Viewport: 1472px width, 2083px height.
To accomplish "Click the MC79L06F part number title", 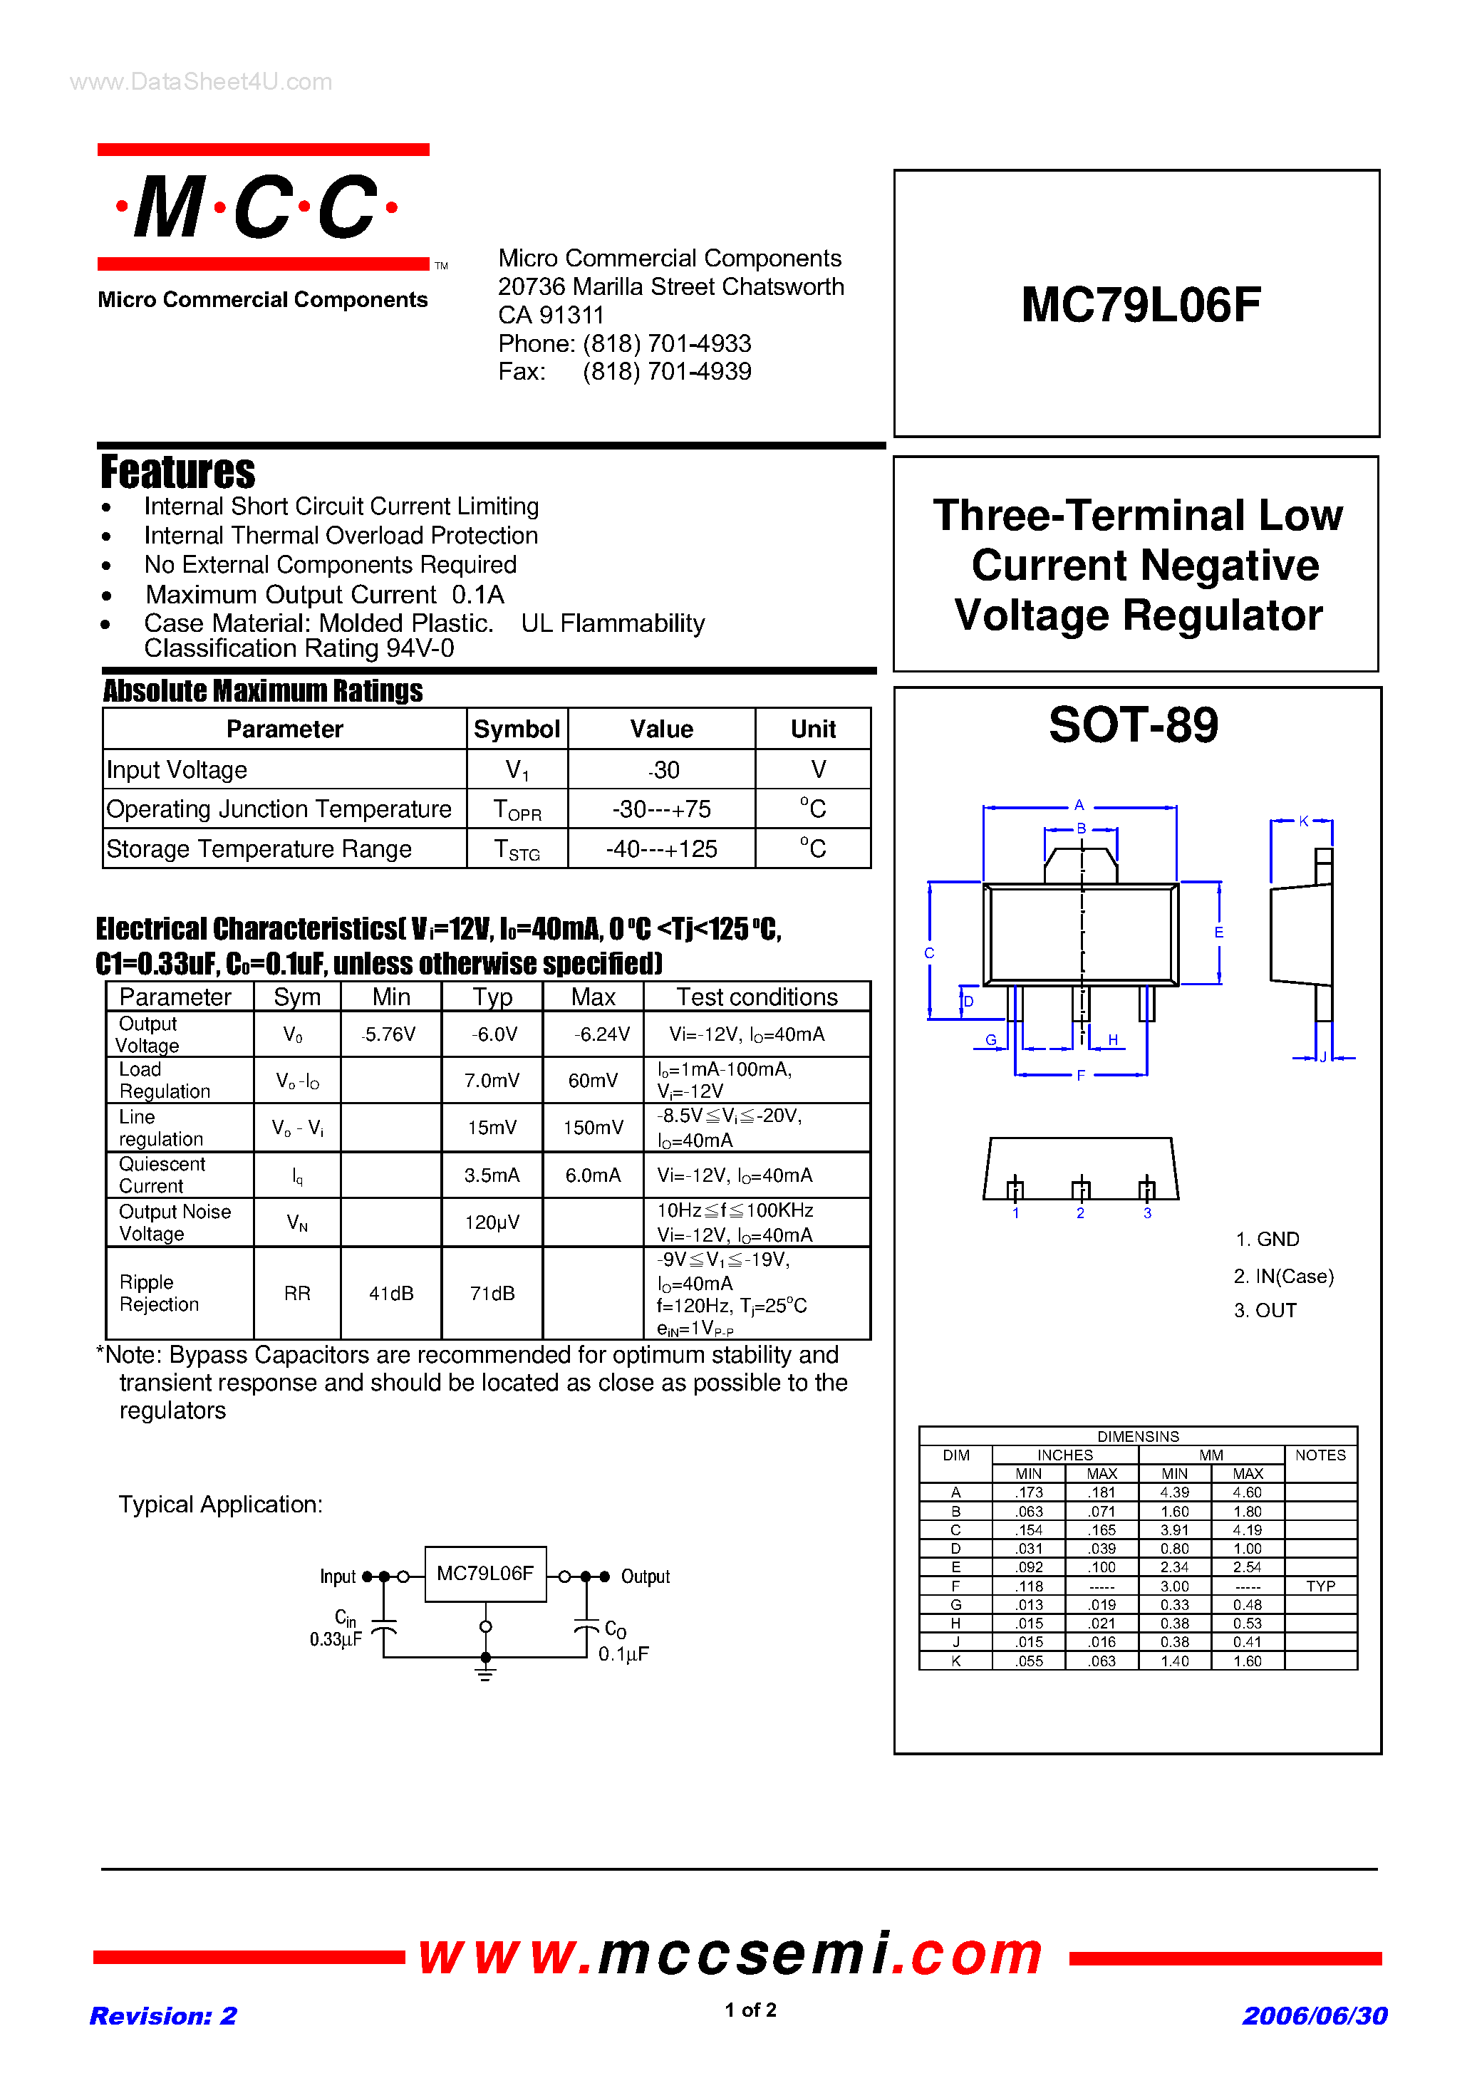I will pos(1140,305).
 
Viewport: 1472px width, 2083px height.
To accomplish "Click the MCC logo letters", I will pos(256,208).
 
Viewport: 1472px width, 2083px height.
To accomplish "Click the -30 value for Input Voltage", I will pos(663,770).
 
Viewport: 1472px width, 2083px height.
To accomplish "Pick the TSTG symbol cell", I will pos(517,849).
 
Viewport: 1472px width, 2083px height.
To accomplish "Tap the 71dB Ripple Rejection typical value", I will pos(492,1293).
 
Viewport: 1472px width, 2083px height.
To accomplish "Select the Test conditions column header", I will pos(756,997).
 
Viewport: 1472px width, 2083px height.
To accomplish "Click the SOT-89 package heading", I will pos(1133,725).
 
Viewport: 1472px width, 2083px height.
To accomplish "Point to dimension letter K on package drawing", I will pos(1303,821).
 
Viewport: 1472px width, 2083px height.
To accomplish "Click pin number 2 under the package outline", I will pos(1080,1214).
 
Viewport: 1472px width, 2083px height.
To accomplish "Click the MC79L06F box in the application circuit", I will pos(484,1574).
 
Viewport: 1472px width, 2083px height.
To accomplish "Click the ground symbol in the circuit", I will pos(485,1669).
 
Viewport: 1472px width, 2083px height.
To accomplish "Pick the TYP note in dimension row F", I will pos(1320,1586).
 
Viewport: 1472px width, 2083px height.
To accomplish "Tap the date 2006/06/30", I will pos(1314,2016).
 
